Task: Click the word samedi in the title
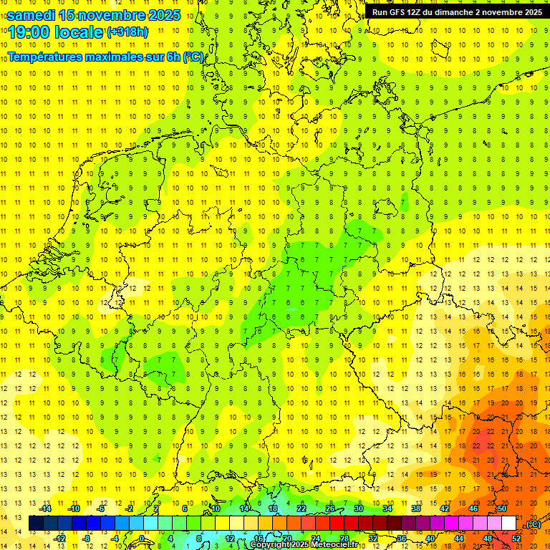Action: pyautogui.click(x=32, y=14)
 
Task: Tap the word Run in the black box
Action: pyautogui.click(x=380, y=12)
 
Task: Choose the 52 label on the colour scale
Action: pyautogui.click(x=516, y=539)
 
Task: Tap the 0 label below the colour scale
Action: pyautogui.click(x=142, y=539)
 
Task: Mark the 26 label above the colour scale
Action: pyautogui.click(x=330, y=508)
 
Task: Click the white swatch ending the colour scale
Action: pyautogui.click(x=508, y=524)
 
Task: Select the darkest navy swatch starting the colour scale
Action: pyautogui.click(x=36, y=524)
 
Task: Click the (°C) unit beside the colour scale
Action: pyautogui.click(x=533, y=524)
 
